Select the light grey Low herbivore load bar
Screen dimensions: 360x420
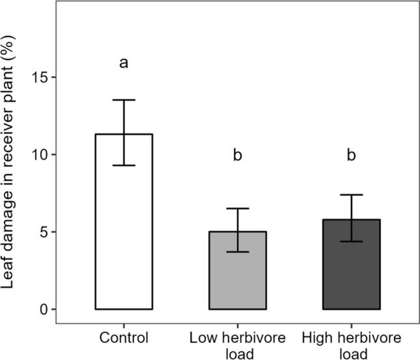click(238, 273)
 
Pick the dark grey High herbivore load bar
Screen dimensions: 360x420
click(352, 267)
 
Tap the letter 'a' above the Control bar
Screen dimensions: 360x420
click(124, 63)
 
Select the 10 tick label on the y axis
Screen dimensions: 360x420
click(40, 155)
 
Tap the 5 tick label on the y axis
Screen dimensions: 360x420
click(44, 232)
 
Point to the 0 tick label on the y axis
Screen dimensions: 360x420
click(44, 309)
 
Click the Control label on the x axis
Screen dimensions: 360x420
click(124, 338)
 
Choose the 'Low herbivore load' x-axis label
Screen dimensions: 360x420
click(238, 344)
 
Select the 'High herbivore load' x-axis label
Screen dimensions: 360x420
click(352, 344)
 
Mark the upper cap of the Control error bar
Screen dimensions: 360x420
click(124, 100)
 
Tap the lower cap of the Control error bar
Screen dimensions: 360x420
click(124, 165)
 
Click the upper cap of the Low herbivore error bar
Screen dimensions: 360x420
click(238, 208)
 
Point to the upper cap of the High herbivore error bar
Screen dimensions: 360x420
click(352, 195)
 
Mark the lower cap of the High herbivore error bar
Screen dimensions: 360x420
click(352, 242)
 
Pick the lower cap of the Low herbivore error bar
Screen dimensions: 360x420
click(238, 251)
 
